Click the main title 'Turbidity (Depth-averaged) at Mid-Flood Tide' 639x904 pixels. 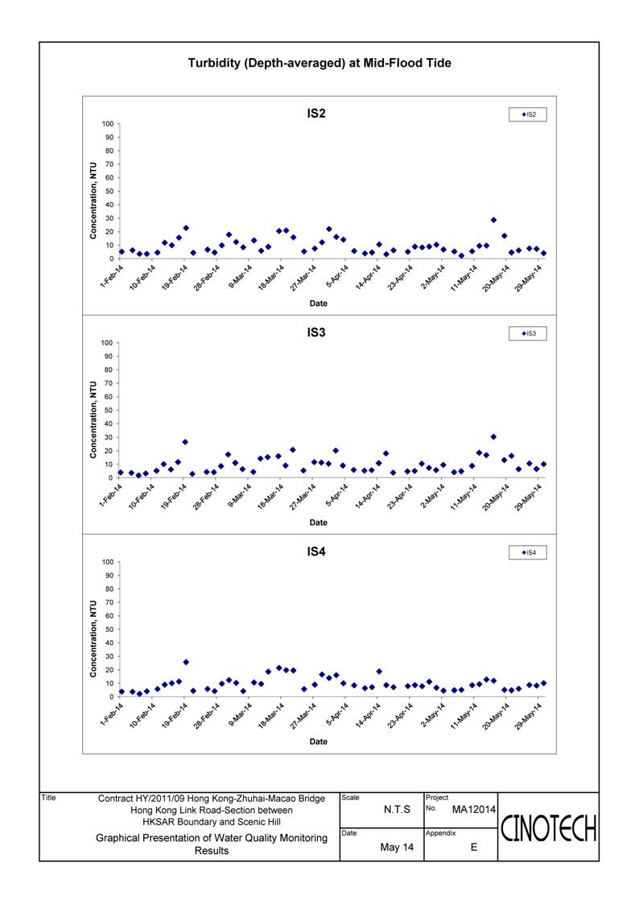tap(319, 63)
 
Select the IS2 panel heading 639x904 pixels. tap(315, 114)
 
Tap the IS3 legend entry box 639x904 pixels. tap(527, 333)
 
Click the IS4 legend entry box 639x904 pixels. tap(527, 552)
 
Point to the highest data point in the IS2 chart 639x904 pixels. tap(493, 220)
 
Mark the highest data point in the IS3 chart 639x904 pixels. tap(493, 437)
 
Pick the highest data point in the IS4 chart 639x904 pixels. tap(186, 662)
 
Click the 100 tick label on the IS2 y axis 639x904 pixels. tap(108, 124)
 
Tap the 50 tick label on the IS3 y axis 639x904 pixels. tap(109, 411)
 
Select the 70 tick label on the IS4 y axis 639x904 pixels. tap(109, 602)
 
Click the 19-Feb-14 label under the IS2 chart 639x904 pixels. tap(175, 277)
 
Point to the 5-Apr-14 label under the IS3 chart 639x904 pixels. tap(337, 495)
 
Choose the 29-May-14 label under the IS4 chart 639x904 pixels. tap(529, 716)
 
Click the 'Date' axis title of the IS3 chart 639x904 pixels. tap(318, 522)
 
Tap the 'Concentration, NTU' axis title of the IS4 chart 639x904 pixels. tap(93, 639)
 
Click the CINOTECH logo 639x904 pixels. tap(548, 829)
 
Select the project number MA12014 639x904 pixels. tap(474, 810)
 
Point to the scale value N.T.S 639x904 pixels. tap(397, 810)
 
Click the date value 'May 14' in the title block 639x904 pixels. tap(397, 847)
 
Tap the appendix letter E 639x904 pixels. tap(474, 847)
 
